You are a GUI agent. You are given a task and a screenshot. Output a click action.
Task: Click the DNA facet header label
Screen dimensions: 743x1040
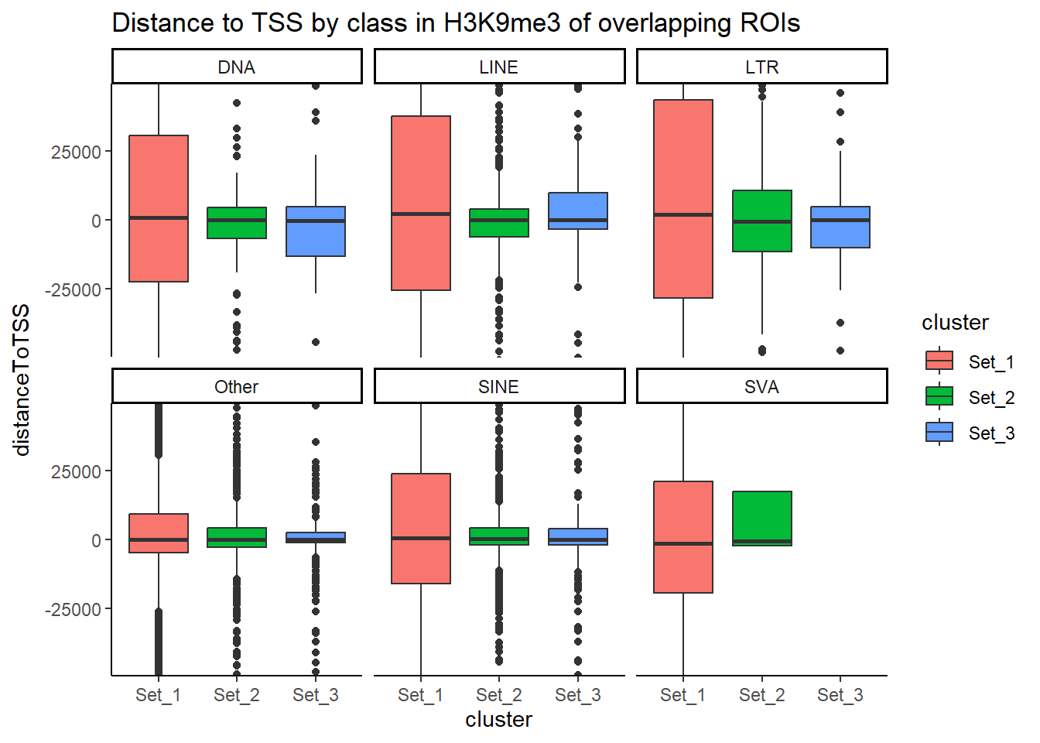[236, 67]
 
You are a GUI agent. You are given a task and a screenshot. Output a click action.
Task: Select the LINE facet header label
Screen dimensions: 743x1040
[498, 67]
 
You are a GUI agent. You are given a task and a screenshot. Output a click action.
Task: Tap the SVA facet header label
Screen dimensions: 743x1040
[761, 387]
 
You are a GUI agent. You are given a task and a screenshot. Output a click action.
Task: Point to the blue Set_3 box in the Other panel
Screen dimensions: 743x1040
[316, 536]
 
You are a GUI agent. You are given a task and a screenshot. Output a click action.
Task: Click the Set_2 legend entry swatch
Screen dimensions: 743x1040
[939, 397]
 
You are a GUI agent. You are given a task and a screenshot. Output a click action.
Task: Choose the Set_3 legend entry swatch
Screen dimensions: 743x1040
[939, 433]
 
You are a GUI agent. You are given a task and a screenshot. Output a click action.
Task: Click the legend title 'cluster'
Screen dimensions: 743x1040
[955, 323]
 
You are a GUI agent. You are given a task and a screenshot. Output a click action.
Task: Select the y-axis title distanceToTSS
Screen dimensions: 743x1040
[22, 379]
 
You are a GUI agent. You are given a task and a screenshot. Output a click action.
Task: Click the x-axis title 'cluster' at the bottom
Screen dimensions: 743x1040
[498, 720]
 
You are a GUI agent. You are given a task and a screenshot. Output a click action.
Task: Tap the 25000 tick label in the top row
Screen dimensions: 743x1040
[76, 152]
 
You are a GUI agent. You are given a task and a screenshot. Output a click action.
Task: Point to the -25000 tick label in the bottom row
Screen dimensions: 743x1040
[73, 610]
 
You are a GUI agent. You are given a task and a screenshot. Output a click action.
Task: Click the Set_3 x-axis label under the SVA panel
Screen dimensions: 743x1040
[840, 695]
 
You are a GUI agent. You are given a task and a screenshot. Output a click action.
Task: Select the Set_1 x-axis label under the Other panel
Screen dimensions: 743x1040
[158, 695]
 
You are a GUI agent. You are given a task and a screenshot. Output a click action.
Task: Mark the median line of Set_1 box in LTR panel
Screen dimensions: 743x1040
[683, 214]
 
